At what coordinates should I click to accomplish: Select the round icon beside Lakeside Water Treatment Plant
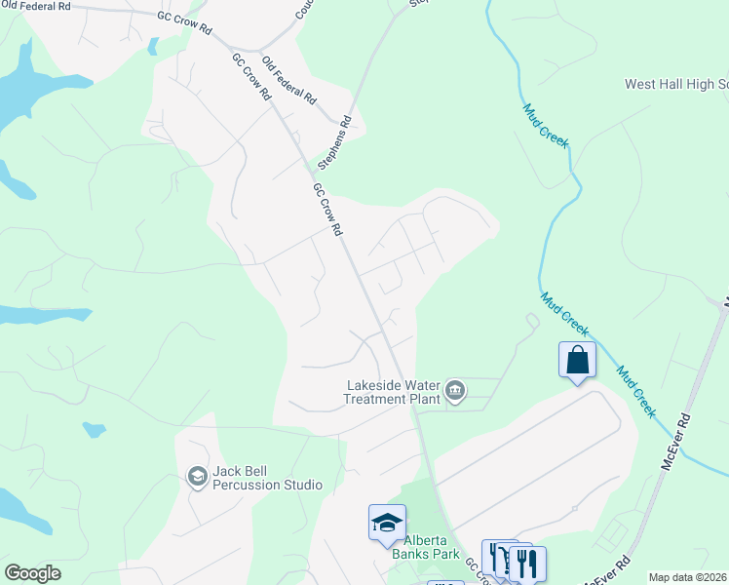pyautogui.click(x=455, y=392)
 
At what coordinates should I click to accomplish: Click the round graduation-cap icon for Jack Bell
pyautogui.click(x=195, y=477)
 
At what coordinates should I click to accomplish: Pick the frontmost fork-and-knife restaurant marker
pyautogui.click(x=527, y=563)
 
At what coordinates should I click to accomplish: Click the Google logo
pyautogui.click(x=32, y=573)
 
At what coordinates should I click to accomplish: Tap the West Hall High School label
pyautogui.click(x=676, y=85)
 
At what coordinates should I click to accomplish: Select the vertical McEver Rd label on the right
pyautogui.click(x=674, y=443)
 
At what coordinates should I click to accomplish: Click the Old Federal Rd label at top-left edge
pyautogui.click(x=37, y=6)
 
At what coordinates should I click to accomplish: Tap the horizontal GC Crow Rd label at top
pyautogui.click(x=185, y=24)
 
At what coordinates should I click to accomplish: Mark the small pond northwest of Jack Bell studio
pyautogui.click(x=95, y=429)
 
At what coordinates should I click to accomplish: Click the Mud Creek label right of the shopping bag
pyautogui.click(x=635, y=390)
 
